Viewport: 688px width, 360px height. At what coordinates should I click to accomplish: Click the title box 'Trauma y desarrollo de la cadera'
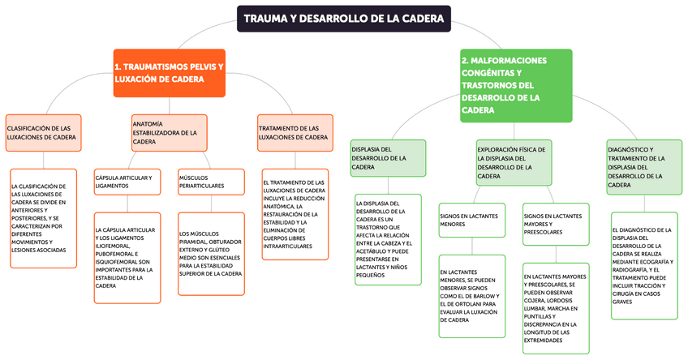pyautogui.click(x=343, y=18)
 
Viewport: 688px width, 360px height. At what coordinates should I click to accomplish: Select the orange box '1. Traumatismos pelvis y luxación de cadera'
pyautogui.click(x=169, y=73)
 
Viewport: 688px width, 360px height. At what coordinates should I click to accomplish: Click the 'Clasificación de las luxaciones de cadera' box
pyautogui.click(x=44, y=133)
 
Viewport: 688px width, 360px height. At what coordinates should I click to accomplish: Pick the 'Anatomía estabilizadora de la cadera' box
pyautogui.click(x=168, y=132)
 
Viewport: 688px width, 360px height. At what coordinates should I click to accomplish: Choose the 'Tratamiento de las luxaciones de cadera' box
pyautogui.click(x=294, y=133)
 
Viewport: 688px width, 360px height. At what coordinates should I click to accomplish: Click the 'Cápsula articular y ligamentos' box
pyautogui.click(x=127, y=181)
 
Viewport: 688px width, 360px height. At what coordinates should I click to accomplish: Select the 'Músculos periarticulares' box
pyautogui.click(x=211, y=181)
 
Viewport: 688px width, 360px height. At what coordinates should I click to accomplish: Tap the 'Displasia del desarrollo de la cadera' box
pyautogui.click(x=388, y=158)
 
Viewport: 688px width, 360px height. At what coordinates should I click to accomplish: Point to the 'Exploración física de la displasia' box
pyautogui.click(x=514, y=162)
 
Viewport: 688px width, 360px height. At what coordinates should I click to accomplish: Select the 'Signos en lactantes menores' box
pyautogui.click(x=471, y=220)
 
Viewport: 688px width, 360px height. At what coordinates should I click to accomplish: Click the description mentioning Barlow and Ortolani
pyautogui.click(x=471, y=296)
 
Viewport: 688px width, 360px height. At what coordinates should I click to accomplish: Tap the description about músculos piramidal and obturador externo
pyautogui.click(x=211, y=254)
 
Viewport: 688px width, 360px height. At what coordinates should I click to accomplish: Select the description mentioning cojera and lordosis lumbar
pyautogui.click(x=556, y=307)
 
